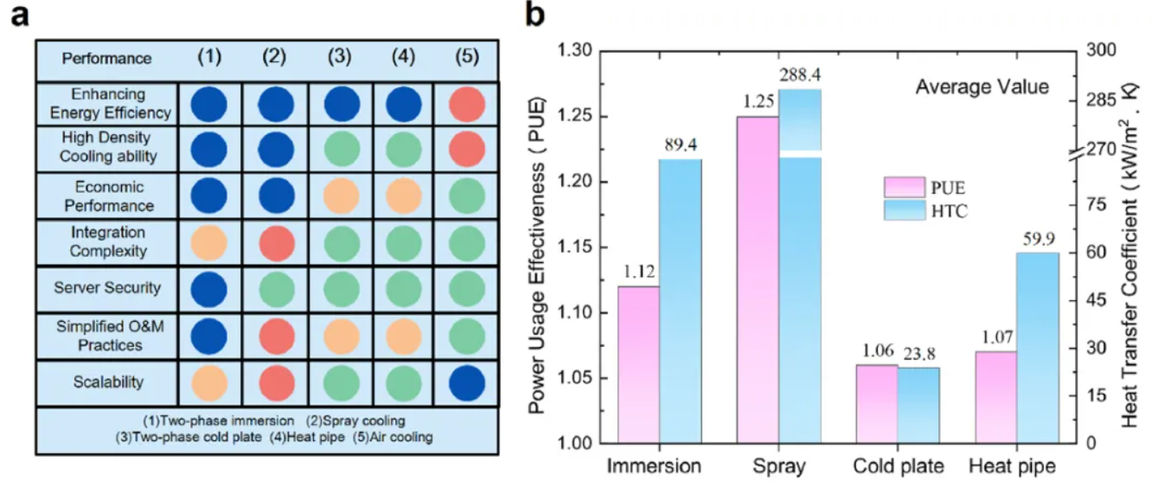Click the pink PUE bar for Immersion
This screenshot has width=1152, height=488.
639,364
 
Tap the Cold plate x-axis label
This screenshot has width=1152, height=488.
898,467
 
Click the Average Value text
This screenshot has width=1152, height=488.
982,87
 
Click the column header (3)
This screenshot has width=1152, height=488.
340,58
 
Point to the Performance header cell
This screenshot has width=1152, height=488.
106,59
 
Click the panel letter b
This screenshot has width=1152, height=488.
537,16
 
